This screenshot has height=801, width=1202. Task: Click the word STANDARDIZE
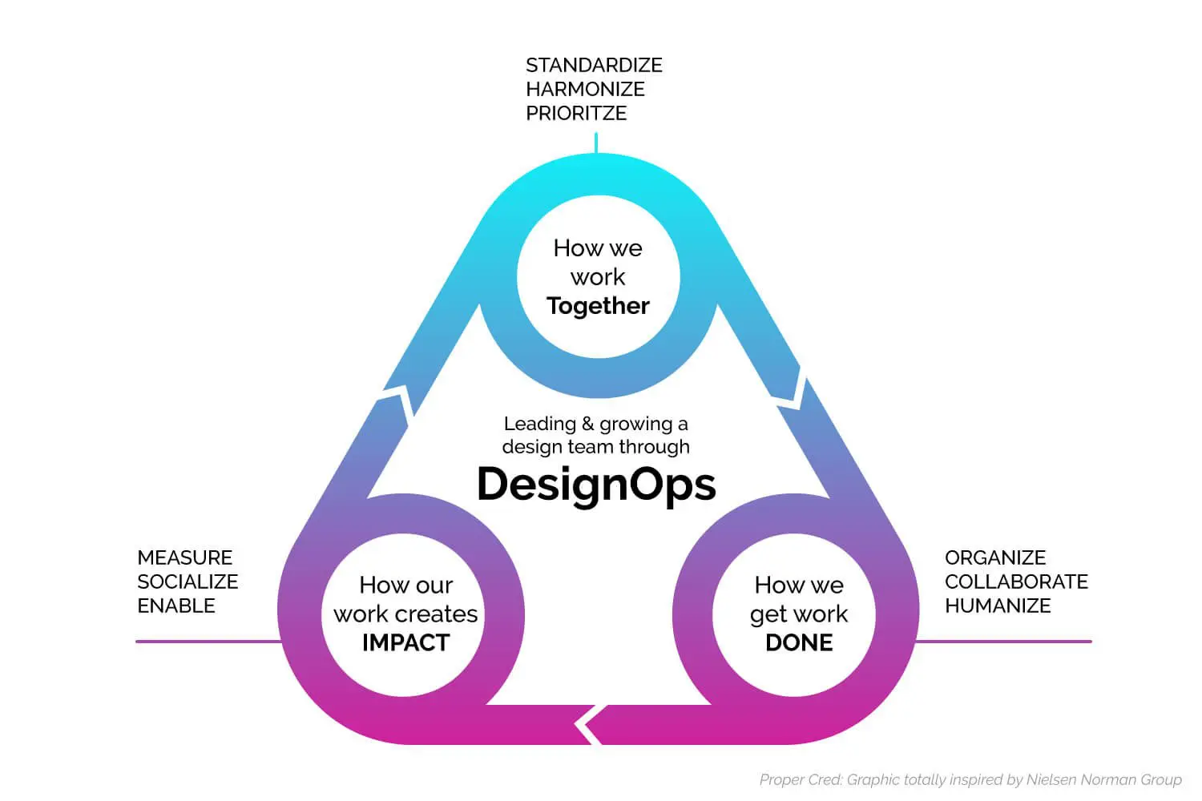tap(594, 65)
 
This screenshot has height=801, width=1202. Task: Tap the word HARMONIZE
tap(585, 89)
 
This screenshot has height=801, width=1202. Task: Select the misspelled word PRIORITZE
tap(576, 113)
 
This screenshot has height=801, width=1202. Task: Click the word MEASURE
tap(184, 557)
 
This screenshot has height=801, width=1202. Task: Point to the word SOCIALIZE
tap(188, 582)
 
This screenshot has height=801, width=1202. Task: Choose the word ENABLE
tap(176, 606)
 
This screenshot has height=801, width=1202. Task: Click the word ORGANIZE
tap(995, 557)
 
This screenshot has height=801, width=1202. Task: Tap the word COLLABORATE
tap(1016, 582)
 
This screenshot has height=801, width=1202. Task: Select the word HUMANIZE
tap(998, 606)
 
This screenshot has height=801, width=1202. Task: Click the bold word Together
tap(598, 306)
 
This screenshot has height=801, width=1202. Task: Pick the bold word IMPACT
tap(405, 642)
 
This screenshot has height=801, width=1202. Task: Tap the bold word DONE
tap(799, 642)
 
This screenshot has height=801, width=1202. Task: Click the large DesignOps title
tap(596, 484)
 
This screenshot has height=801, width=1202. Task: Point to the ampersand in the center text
tap(587, 424)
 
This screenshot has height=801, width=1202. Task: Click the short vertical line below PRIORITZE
tap(595, 143)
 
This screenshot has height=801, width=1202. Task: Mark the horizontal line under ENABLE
tap(208, 642)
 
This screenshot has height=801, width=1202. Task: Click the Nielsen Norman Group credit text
tap(970, 779)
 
